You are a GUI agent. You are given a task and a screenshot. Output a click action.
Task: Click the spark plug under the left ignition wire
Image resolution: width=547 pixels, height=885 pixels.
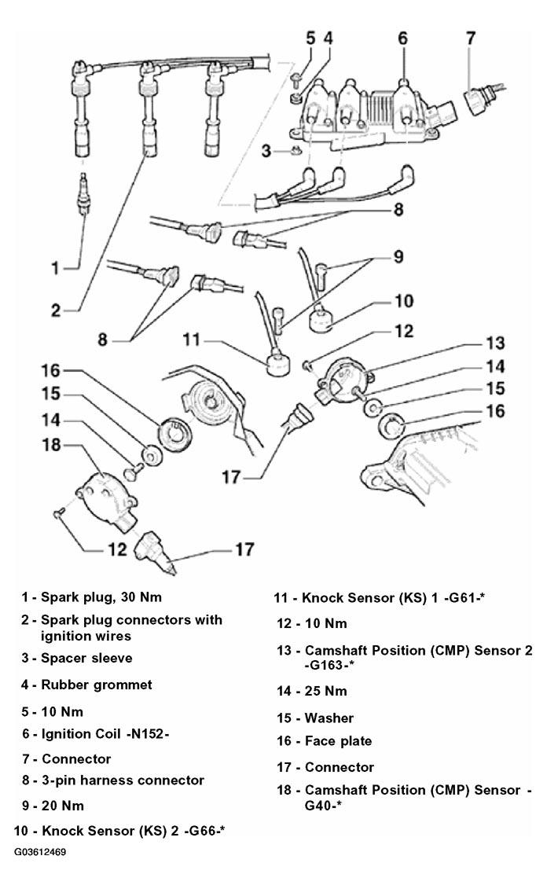83,193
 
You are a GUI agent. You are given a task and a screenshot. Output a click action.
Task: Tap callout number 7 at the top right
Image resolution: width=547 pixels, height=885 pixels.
471,39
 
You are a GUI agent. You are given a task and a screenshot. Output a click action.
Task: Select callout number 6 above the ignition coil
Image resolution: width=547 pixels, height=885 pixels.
402,39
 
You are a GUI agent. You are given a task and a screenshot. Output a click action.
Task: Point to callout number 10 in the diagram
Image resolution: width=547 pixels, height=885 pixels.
404,301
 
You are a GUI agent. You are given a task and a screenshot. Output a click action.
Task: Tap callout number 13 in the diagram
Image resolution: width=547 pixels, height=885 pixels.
495,343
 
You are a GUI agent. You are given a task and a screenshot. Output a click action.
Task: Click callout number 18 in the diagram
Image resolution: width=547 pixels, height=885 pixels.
51,445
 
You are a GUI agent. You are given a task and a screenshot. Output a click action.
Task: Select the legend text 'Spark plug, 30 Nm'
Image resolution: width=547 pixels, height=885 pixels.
101,597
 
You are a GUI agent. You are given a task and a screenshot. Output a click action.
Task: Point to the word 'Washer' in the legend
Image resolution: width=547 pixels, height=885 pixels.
329,718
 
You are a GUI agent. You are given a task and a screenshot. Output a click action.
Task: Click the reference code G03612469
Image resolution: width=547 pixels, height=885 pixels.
40,852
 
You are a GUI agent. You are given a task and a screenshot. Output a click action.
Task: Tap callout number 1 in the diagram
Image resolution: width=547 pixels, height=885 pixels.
55,267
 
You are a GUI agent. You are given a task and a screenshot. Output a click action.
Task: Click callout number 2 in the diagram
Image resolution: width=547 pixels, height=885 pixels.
55,310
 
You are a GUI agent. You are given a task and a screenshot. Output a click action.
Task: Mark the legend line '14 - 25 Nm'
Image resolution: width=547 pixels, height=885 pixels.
311,692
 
